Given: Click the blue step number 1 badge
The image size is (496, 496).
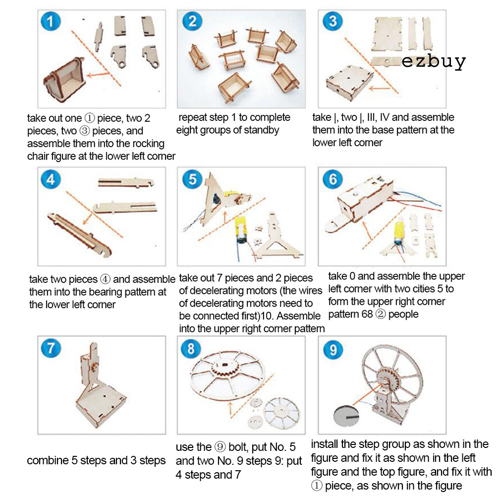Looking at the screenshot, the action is pos(51,21).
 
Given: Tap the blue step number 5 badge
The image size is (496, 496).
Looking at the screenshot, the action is pos(192,179).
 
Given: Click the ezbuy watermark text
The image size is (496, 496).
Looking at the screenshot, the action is pos(434,61).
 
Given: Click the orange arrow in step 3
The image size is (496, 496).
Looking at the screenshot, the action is pos(380,88).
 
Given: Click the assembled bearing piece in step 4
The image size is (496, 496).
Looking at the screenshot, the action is pos(79,234).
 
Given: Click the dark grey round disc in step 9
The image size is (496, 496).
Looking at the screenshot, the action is pos(346,416).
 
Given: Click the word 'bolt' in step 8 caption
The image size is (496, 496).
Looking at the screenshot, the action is pos(238,447).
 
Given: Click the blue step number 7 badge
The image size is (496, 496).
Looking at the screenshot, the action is pos(51,348).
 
